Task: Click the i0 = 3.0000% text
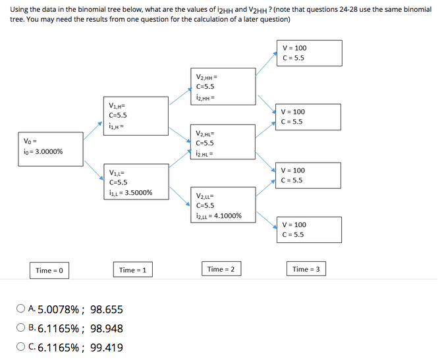[x=43, y=151]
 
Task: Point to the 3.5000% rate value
[x=138, y=193]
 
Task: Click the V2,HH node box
[x=223, y=86]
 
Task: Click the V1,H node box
[x=136, y=115]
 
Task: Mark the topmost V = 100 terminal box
[x=309, y=53]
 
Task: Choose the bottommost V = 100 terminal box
[x=309, y=230]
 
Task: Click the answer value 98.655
[x=106, y=310]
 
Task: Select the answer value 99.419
[x=106, y=348]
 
